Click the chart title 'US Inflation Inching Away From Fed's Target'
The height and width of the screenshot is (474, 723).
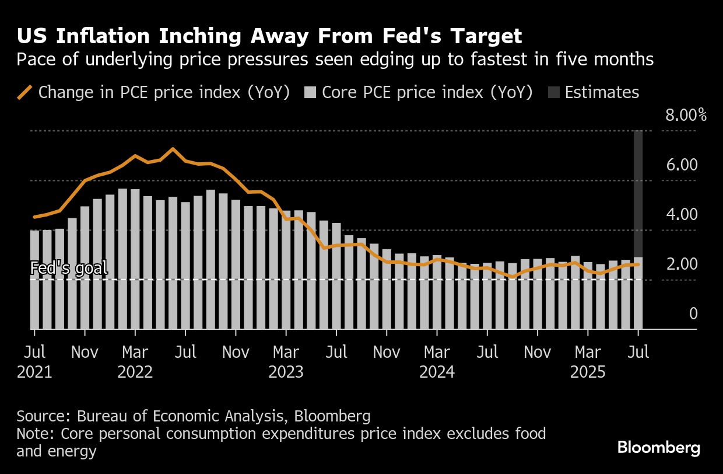click(x=269, y=37)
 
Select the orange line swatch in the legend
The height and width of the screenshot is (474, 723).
click(x=24, y=93)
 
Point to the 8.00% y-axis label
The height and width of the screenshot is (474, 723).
click(x=686, y=115)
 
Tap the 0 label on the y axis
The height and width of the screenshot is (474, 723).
click(x=693, y=314)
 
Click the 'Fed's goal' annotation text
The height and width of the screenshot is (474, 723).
click(x=69, y=269)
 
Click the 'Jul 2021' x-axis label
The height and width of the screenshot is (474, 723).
click(x=34, y=362)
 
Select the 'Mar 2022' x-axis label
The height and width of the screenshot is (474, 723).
click(x=135, y=362)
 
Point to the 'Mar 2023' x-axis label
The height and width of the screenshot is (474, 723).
click(x=286, y=362)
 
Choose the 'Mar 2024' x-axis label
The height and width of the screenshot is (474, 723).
click(x=437, y=362)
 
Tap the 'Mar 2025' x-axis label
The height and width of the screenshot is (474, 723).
click(x=588, y=362)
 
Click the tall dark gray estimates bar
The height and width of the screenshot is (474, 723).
click(x=638, y=193)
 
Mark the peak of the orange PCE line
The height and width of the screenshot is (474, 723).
click(x=173, y=149)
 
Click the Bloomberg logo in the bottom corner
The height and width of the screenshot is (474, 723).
click(x=659, y=448)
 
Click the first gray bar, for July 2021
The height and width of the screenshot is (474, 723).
click(x=34, y=280)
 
